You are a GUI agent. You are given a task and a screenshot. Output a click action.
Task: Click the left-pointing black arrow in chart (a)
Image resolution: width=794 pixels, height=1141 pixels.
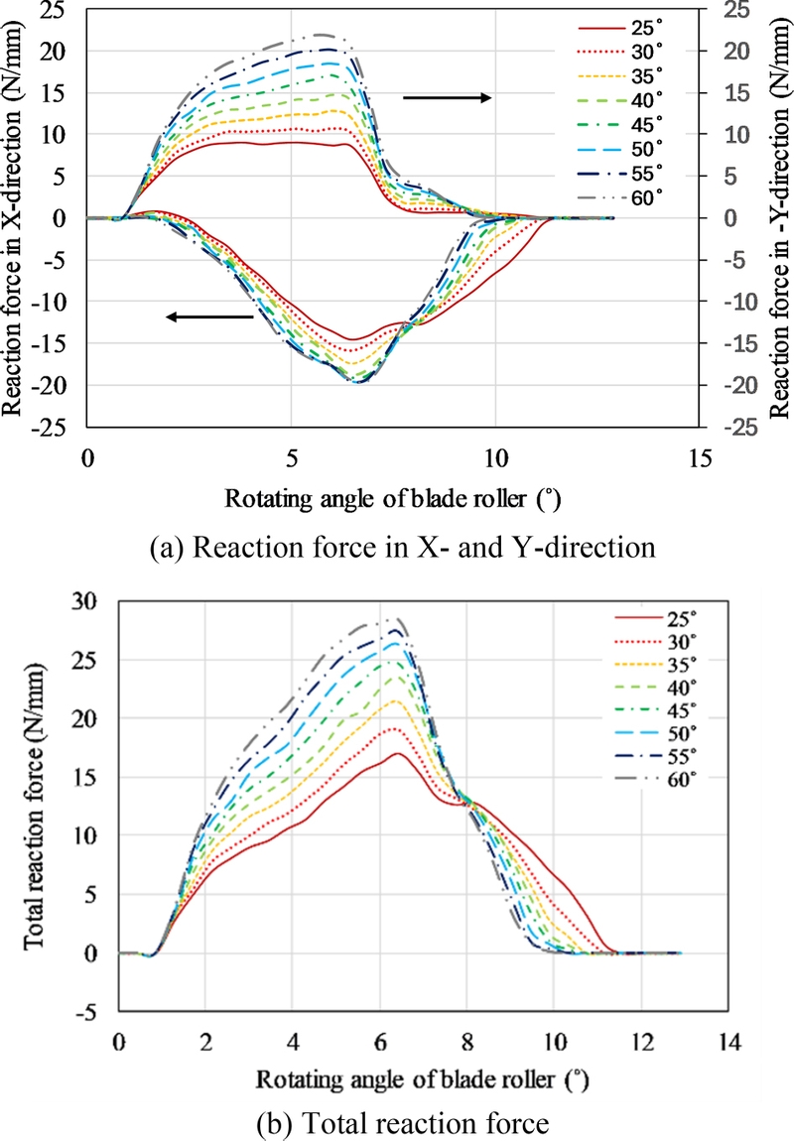[209, 317]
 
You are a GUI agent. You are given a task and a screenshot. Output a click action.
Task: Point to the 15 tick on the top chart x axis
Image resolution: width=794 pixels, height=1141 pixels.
[700, 460]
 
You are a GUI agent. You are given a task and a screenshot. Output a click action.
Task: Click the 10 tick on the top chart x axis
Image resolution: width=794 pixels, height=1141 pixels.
[495, 460]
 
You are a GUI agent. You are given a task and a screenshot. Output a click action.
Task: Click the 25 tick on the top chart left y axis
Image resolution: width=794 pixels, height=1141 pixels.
[61, 10]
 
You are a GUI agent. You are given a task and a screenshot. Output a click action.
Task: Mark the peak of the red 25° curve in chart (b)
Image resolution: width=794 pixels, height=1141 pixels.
[397, 754]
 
